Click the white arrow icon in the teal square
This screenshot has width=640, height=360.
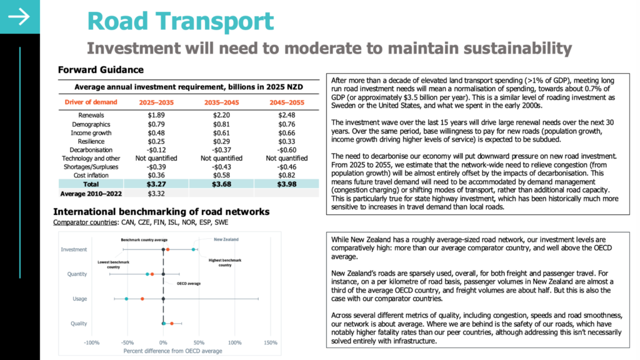coord(19,17)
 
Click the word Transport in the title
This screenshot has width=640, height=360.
coord(215,21)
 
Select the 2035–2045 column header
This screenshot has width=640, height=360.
coord(221,102)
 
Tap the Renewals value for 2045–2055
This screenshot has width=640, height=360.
coord(286,115)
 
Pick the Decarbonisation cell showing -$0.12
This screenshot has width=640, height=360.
coord(156,150)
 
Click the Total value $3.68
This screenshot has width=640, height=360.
coord(221,184)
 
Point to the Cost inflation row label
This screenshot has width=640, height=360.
coord(91,176)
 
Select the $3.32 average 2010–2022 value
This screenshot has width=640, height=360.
coord(156,194)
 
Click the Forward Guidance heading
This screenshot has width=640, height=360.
coord(101,70)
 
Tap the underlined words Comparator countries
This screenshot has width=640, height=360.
coord(85,222)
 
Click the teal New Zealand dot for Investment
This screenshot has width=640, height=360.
coord(194,249)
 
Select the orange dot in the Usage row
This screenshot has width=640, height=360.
coord(142,299)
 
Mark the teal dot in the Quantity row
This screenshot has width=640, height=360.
coord(147,274)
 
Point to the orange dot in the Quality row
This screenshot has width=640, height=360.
coord(172,324)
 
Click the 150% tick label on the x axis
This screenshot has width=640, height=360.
coord(271,343)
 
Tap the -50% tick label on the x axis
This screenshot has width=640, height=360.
coord(127,343)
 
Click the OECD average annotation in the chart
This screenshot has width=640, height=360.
coord(189,284)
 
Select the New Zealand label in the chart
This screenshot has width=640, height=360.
coord(226,239)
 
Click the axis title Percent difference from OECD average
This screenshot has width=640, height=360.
coord(172,351)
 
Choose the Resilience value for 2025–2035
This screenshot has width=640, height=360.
coord(156,142)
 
